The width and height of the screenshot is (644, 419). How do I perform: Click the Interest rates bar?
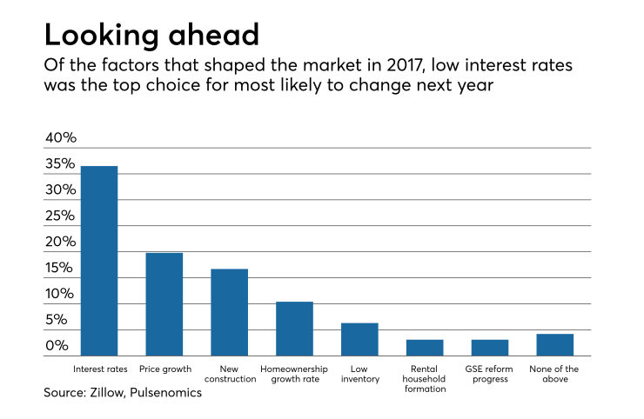[x=99, y=261]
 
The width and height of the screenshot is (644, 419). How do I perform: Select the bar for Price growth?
[x=164, y=304]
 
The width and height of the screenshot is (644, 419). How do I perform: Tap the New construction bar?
[x=229, y=312]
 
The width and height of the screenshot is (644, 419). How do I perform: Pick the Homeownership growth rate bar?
[x=294, y=329]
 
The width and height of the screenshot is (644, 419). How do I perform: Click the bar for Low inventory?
[x=359, y=339]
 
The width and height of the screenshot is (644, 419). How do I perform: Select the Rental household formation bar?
[x=425, y=348]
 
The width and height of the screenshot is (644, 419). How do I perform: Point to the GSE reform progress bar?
[x=490, y=348]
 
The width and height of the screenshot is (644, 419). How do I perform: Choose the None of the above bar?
[x=554, y=345]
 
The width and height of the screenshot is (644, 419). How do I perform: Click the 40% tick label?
[x=61, y=138]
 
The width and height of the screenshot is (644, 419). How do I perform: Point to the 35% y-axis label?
[x=61, y=164]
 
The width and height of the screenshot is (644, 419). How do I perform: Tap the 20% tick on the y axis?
[x=61, y=242]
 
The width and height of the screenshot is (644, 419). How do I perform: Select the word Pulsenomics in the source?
[x=171, y=393]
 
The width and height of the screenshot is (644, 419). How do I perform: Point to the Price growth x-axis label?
[x=164, y=369]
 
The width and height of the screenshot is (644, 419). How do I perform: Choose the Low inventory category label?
[x=359, y=374]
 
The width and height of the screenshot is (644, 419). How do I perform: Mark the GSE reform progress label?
[x=490, y=374]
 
